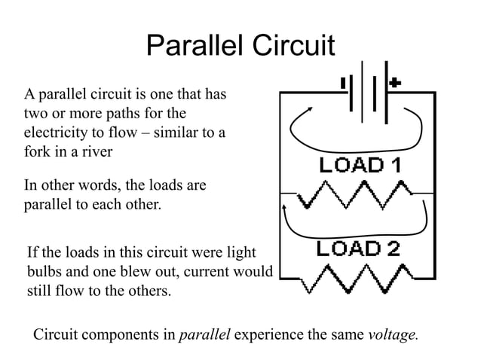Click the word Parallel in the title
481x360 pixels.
(194, 47)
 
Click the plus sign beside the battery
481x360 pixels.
(395, 82)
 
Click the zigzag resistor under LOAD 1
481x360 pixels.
(355, 198)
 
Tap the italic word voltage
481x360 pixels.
(391, 334)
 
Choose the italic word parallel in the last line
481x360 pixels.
(204, 334)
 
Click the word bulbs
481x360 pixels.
(44, 271)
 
